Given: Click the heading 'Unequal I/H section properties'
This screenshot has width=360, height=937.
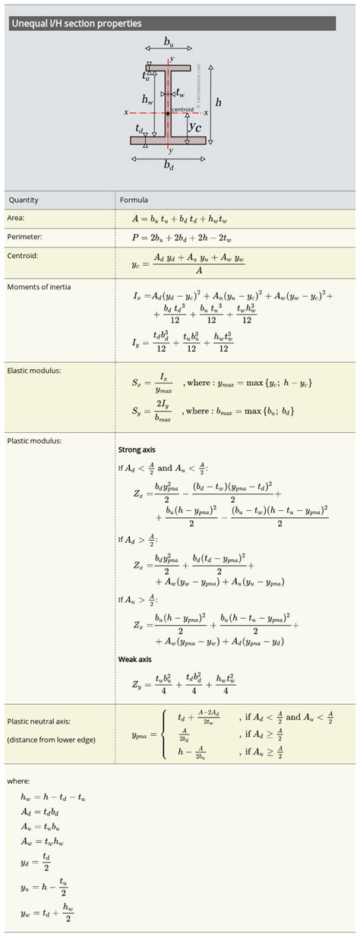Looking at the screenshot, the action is click(76, 24).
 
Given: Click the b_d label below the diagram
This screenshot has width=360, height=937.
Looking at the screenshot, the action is click(168, 167).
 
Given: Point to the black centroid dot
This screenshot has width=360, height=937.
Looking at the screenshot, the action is click(169, 112).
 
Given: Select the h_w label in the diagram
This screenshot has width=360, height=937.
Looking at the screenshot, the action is click(147, 99).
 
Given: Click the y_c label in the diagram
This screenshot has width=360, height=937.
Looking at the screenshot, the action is click(195, 128).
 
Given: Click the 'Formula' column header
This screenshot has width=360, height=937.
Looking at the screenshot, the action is click(134, 200).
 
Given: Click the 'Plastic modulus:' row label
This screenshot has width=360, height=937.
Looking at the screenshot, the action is click(34, 440).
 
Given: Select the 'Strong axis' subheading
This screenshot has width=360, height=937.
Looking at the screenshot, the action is click(137, 450).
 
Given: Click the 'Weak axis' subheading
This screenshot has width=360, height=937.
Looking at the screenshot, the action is click(134, 659).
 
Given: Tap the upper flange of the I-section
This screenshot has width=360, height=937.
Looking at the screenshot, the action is click(169, 68).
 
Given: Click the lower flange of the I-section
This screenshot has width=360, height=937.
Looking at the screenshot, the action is click(168, 140).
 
